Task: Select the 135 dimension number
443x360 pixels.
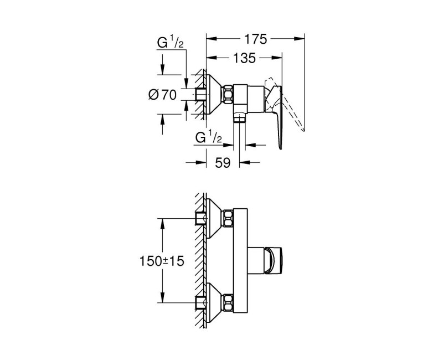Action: click(x=244, y=57)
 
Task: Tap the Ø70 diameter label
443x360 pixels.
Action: click(x=163, y=95)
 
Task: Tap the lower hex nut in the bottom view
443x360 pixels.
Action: click(x=227, y=302)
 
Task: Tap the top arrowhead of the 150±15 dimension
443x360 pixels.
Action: click(x=162, y=222)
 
